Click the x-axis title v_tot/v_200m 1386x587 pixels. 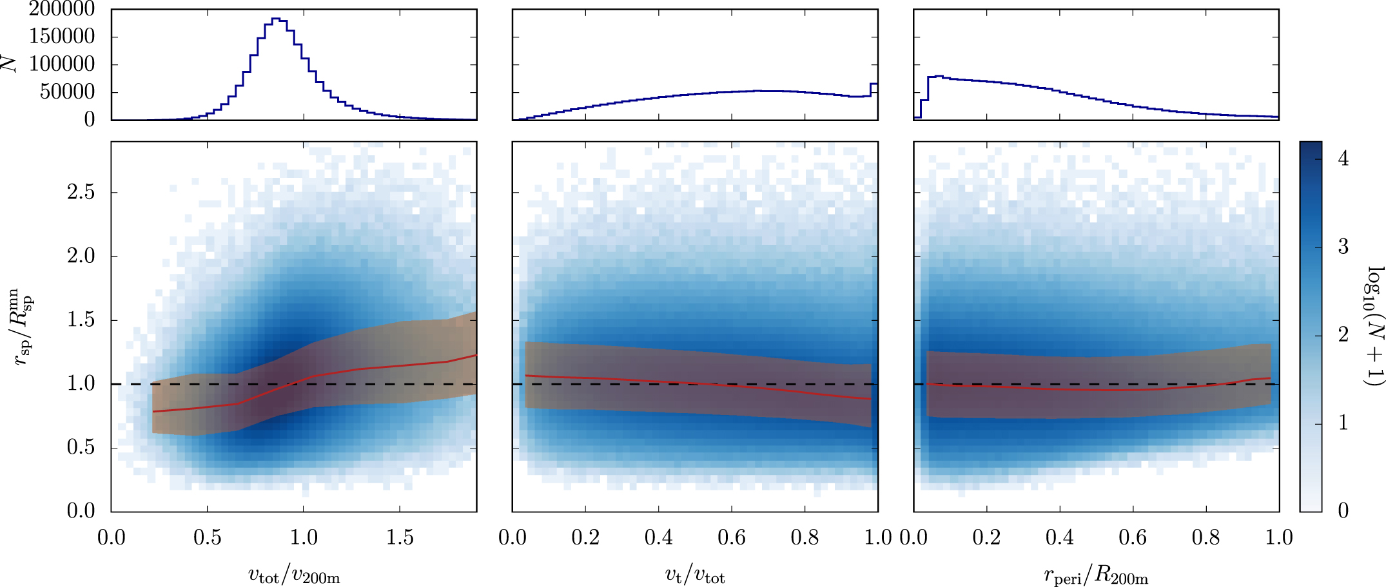click(x=294, y=574)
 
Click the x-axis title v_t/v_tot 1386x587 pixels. click(x=695, y=574)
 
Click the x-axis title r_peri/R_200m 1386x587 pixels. click(x=1096, y=574)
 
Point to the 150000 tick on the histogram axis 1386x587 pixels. click(x=62, y=37)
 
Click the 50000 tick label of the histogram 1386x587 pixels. click(x=67, y=92)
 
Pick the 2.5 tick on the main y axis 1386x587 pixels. click(x=81, y=192)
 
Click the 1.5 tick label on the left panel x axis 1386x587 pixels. click(x=400, y=537)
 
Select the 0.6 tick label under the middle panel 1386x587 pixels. click(x=731, y=537)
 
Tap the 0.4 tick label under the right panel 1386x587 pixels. click(x=1059, y=537)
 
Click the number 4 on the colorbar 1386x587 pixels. click(x=1343, y=159)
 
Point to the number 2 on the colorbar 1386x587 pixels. click(x=1343, y=334)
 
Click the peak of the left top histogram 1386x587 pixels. click(x=276, y=19)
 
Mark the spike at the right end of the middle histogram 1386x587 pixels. click(x=874, y=84)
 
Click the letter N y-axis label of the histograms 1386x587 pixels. click(x=9, y=63)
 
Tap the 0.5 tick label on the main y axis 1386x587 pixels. click(x=81, y=447)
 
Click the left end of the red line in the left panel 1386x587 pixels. click(x=153, y=411)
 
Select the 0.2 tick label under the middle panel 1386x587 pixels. click(x=585, y=537)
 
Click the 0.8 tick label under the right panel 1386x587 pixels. click(x=1205, y=537)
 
